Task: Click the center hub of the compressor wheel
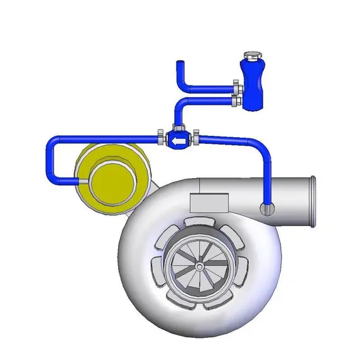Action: (x=200, y=267)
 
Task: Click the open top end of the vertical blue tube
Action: (x=179, y=63)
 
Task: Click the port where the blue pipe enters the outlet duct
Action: (x=267, y=207)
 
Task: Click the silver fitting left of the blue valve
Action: (x=161, y=135)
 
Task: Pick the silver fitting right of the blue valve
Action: (x=196, y=136)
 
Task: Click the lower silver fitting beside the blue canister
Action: (x=236, y=99)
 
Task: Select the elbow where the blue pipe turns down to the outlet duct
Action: (x=263, y=147)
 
